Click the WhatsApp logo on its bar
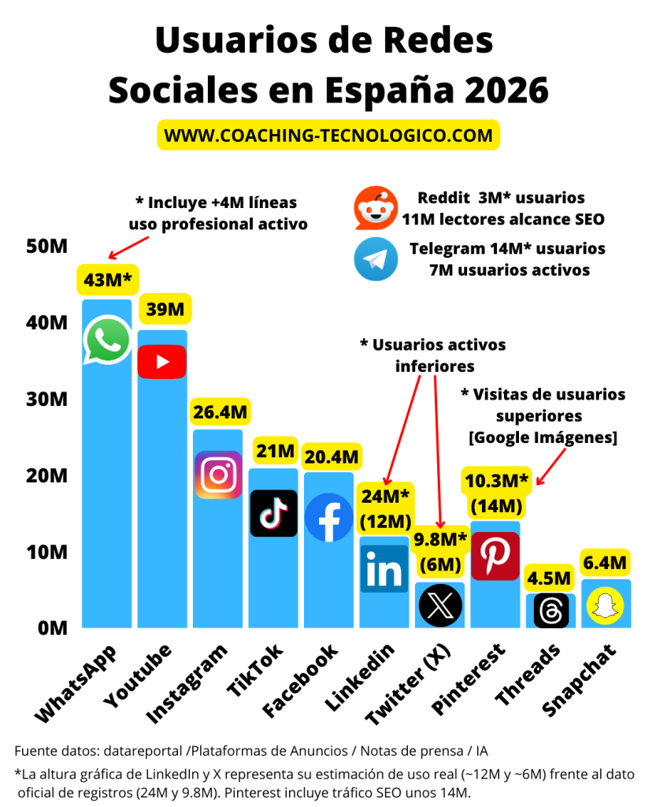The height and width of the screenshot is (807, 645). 107,340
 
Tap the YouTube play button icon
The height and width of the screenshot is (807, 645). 162,362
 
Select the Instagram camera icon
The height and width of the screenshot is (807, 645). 218,474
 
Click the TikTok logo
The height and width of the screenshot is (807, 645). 273,513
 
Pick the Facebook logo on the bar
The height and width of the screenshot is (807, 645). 328,517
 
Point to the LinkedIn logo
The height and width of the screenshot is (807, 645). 384,569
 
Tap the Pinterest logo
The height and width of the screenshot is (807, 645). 495,556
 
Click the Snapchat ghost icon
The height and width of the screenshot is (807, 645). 606,605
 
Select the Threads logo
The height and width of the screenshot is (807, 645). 551,610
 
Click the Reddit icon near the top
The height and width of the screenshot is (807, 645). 376,208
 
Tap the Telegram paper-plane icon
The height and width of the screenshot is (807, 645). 376,258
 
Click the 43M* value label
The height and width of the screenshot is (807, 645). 107,280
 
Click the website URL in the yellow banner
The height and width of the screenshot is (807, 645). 328,135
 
